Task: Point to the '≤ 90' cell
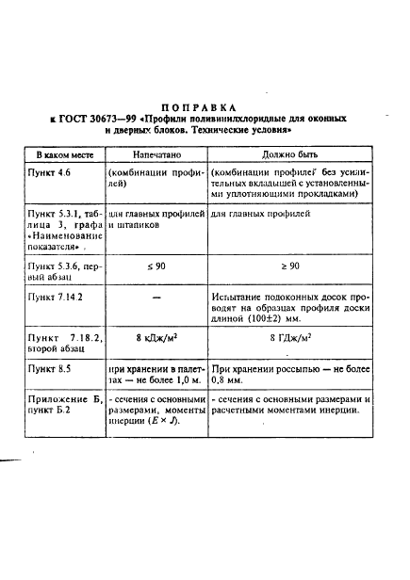156,267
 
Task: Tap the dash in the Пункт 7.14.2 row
156,298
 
